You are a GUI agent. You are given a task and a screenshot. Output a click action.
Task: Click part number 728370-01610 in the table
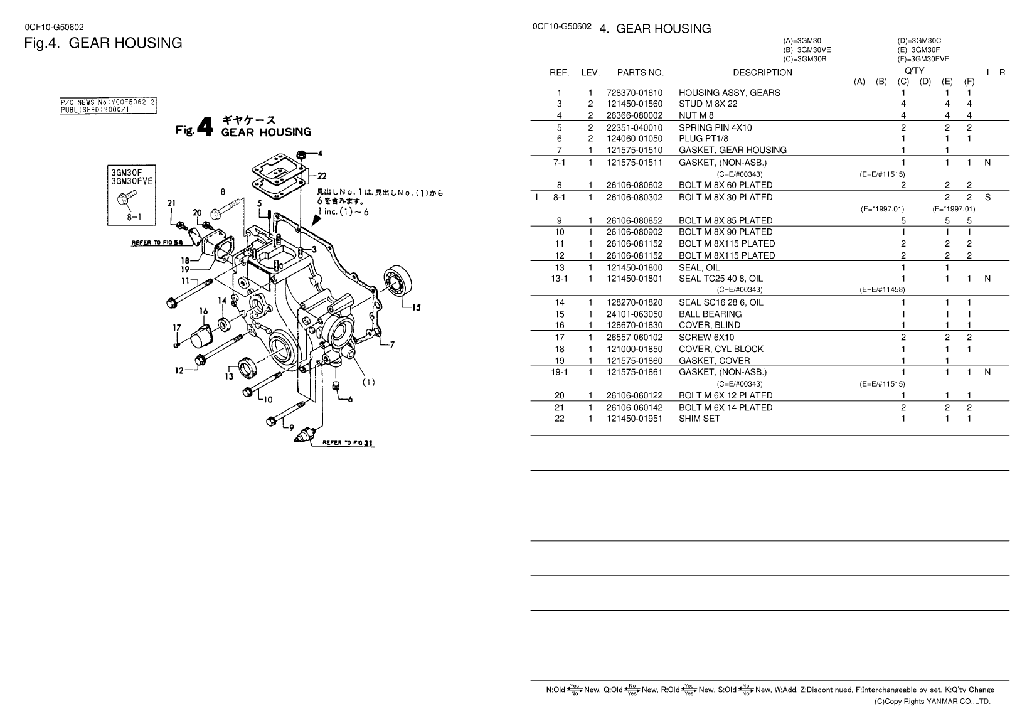click(x=634, y=93)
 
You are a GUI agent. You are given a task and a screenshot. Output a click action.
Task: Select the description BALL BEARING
click(x=710, y=314)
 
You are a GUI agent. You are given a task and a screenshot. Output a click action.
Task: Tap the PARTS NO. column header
click(x=640, y=72)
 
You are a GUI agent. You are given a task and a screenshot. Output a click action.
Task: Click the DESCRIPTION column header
click(x=762, y=72)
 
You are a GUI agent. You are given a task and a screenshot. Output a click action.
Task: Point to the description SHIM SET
click(x=699, y=419)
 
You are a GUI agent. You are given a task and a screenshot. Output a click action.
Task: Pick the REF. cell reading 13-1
click(x=560, y=279)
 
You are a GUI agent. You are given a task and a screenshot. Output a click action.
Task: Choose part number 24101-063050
click(x=634, y=314)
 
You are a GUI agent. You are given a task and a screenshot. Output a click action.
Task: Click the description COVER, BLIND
click(x=710, y=325)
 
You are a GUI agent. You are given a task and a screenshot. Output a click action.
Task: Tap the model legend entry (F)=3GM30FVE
click(x=923, y=59)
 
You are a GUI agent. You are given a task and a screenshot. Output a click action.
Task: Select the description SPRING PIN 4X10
click(x=715, y=127)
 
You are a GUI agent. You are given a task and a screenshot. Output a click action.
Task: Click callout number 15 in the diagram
click(x=416, y=307)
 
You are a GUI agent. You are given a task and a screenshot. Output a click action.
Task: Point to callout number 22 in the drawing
click(x=322, y=176)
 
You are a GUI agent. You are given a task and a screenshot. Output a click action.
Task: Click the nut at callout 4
click(x=302, y=154)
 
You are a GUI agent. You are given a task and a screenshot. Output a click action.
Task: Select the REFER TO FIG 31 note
click(x=348, y=443)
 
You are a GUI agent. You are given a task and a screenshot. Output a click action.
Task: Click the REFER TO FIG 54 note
click(x=157, y=243)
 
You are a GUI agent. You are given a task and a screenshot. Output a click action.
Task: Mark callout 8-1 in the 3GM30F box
click(x=134, y=217)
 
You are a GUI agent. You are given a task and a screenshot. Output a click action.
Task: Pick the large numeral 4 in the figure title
click(x=205, y=127)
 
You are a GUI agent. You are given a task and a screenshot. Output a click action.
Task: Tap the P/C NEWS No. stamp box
click(x=108, y=106)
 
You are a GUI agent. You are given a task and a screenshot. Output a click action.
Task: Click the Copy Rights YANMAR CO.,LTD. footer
click(x=932, y=702)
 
